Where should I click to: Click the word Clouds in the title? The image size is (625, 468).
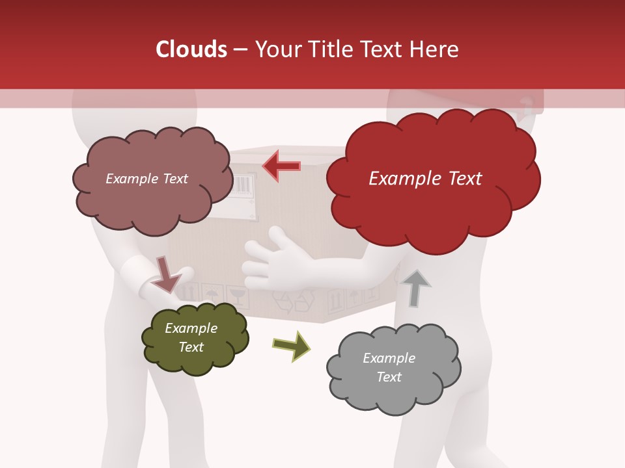pyautogui.click(x=191, y=49)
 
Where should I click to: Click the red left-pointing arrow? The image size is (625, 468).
pyautogui.click(x=281, y=166)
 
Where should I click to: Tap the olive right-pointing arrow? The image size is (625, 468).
pyautogui.click(x=292, y=346)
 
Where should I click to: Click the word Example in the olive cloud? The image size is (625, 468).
pyautogui.click(x=191, y=328)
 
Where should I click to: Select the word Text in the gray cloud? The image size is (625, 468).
pyautogui.click(x=389, y=377)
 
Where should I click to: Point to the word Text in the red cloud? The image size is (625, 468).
pyautogui.click(x=460, y=178)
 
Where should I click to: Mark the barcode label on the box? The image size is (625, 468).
pyautogui.click(x=245, y=185)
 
